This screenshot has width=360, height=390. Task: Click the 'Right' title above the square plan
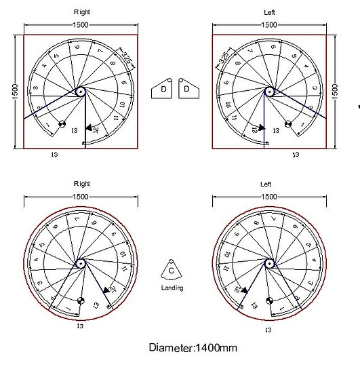pos(81,12)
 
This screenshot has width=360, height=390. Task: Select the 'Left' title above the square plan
pos(269,12)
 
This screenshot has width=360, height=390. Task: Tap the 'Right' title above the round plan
pos(81,184)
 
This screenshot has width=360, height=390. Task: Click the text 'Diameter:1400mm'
pos(193,348)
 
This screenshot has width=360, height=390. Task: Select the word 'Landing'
pos(172,288)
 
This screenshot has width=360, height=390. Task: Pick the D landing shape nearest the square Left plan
pos(187,90)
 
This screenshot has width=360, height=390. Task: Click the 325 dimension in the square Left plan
pos(223,58)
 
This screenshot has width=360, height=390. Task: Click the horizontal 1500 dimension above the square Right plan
pos(81,25)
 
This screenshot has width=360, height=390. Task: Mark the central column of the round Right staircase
pos(81,263)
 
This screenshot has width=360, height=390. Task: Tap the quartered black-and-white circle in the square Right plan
pos(61,124)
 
